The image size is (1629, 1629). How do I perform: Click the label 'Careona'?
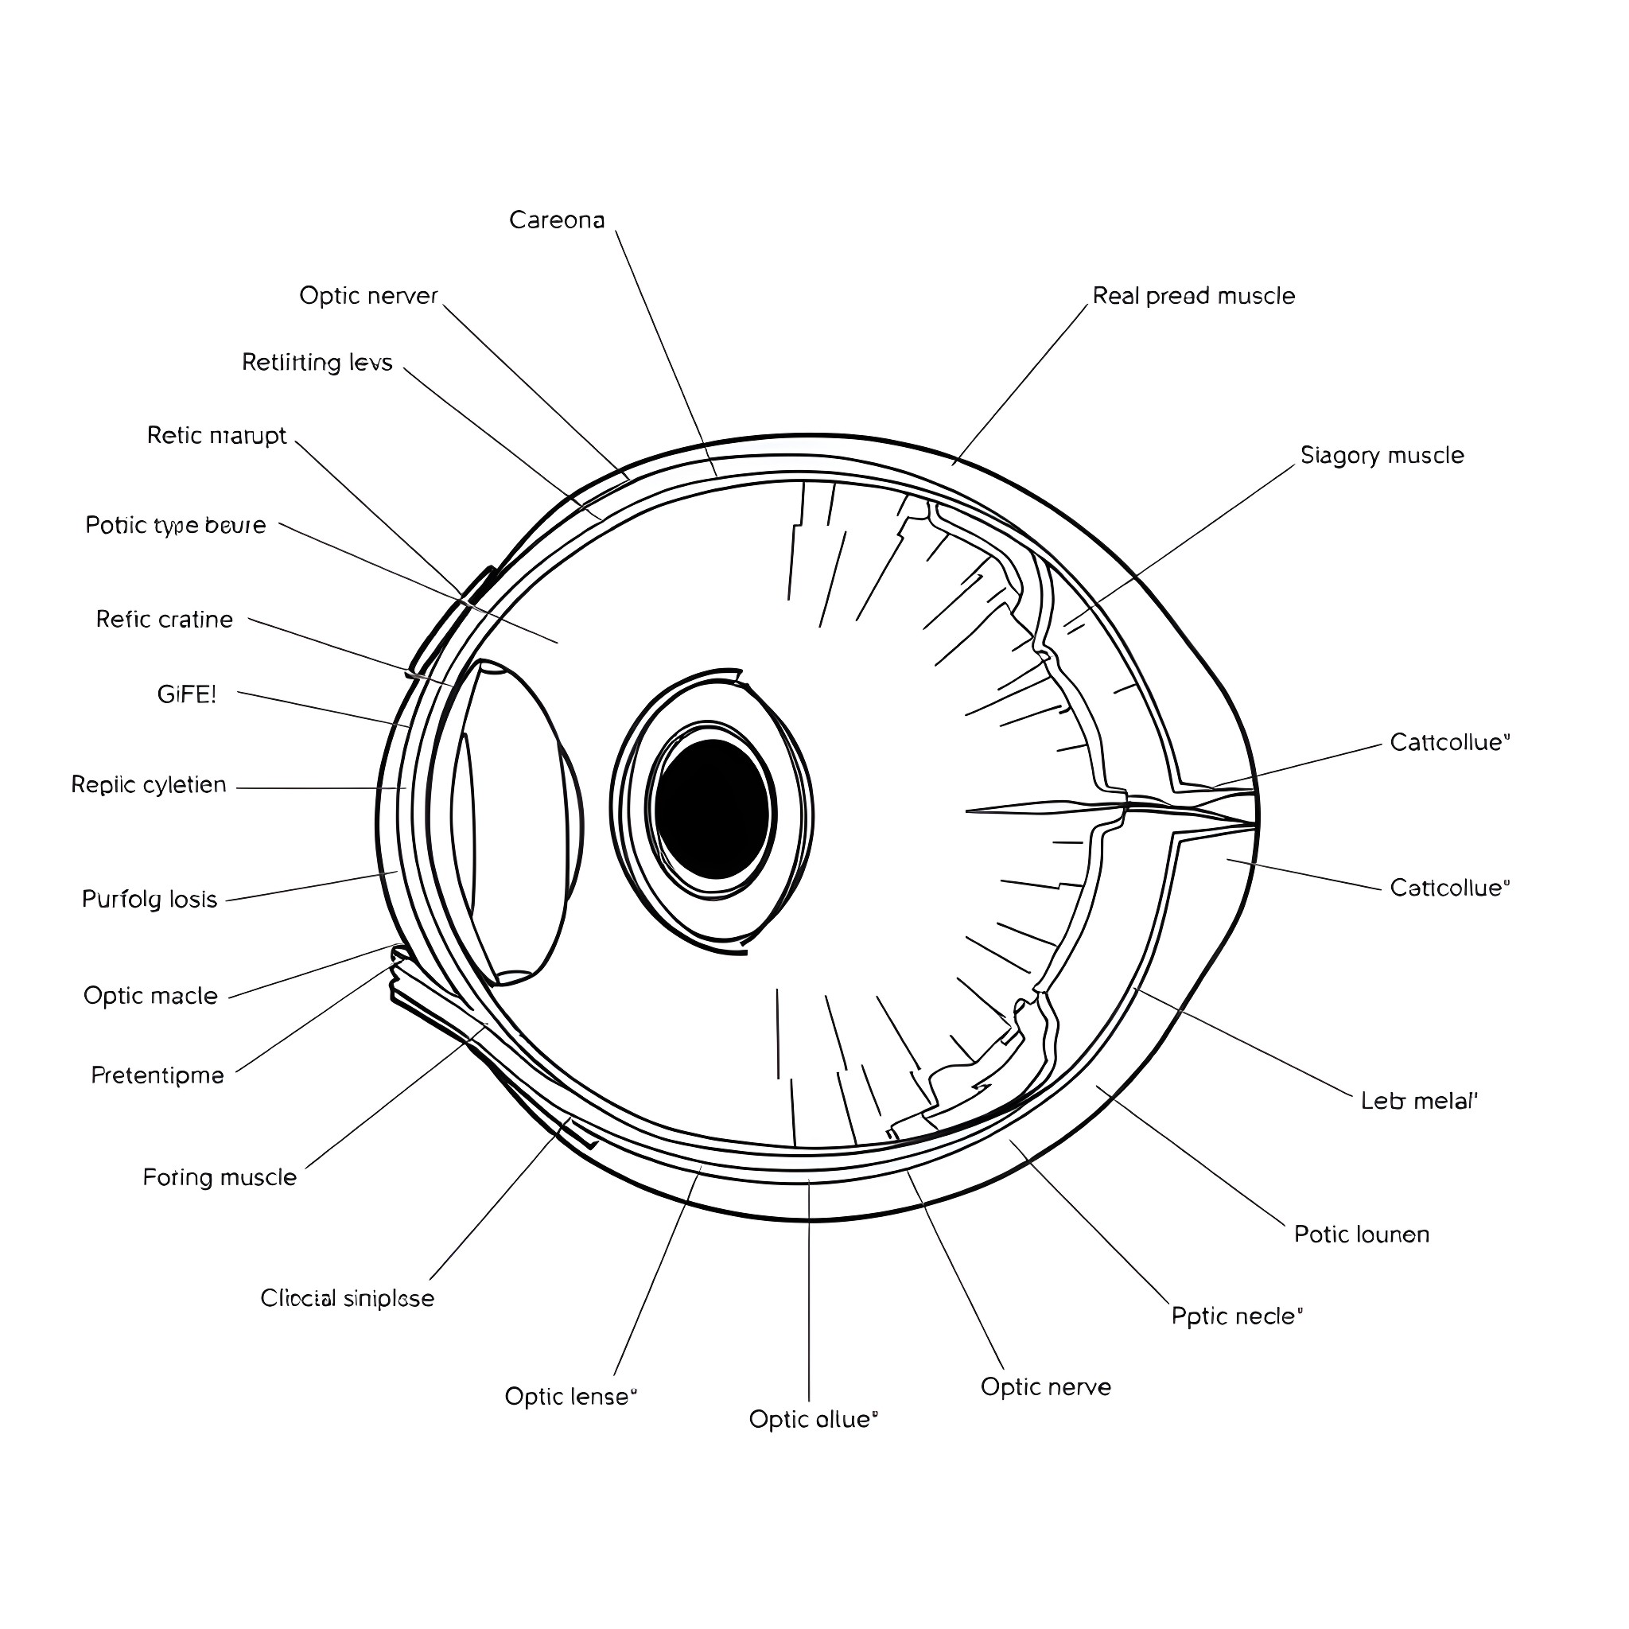pos(557,220)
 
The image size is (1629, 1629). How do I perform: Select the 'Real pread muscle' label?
pos(1193,296)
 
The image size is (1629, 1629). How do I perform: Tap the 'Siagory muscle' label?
pos(1381,455)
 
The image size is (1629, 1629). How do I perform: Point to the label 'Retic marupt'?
pos(216,435)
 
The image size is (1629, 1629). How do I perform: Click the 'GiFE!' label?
pos(186,694)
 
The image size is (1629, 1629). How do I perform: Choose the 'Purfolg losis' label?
pos(150,899)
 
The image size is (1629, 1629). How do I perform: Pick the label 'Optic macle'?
pos(150,996)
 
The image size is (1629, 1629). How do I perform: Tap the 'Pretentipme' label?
pos(157,1075)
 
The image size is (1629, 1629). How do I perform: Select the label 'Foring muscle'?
pos(220,1177)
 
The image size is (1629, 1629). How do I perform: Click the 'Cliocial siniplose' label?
pos(347,1297)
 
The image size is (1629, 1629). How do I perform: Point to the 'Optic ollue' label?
pos(813,1419)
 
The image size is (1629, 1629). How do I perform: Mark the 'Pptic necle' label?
pos(1236,1316)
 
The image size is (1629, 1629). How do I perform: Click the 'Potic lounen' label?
pos(1361,1234)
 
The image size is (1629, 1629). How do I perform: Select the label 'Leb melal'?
pos(1418,1100)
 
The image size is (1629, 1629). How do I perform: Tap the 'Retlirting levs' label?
pos(317,363)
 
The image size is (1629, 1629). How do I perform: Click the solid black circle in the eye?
pos(713,809)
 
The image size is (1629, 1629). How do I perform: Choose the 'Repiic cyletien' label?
pos(149,785)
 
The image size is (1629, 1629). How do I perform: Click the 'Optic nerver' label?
pos(368,296)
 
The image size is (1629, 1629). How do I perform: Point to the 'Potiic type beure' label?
pos(175,525)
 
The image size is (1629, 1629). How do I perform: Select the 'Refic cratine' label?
pos(165,620)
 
